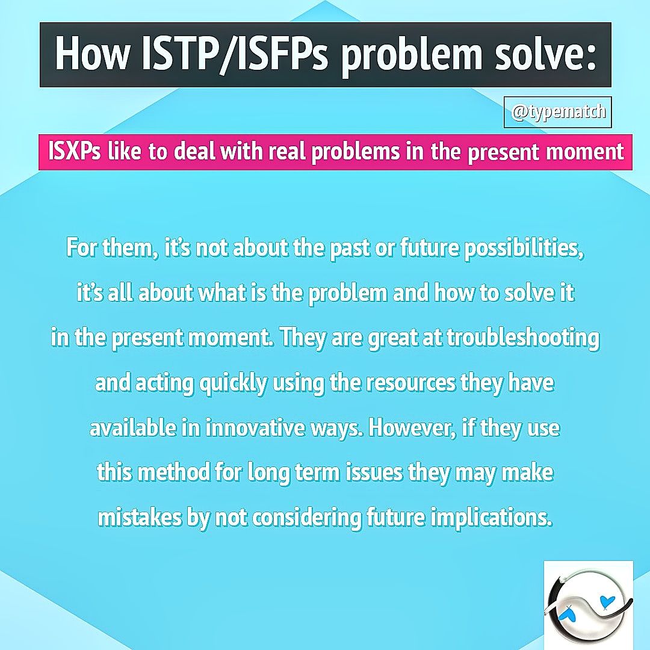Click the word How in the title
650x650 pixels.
91,55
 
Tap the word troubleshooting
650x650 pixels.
522,338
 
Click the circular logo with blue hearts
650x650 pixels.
588,605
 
